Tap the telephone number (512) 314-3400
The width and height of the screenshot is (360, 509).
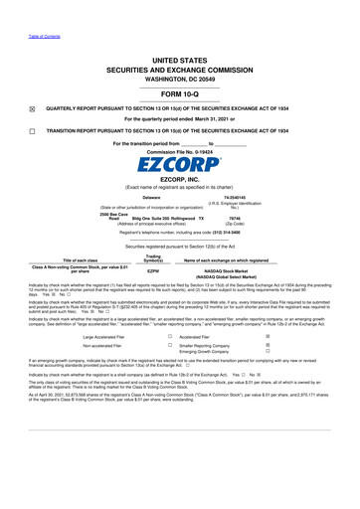(x=251, y=230)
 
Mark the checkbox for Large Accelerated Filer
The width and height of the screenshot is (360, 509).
(x=170, y=364)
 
